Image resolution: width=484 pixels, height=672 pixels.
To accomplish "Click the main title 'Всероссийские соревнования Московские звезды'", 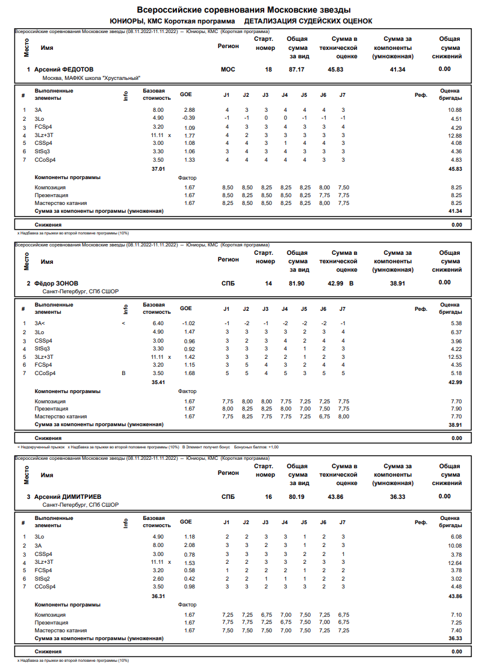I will [x=244, y=10].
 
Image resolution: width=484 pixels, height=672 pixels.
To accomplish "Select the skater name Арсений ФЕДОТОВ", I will [x=64, y=70].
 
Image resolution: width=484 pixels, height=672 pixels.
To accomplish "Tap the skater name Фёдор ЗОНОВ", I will [x=56, y=283].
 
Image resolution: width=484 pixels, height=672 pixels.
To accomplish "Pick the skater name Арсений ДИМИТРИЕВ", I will [x=67, y=497].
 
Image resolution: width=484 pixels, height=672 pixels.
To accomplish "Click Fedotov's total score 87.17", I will [x=296, y=70].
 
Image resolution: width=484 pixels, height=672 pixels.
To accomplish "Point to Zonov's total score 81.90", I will [x=296, y=283].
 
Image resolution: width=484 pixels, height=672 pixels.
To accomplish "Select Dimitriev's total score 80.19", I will [x=296, y=497].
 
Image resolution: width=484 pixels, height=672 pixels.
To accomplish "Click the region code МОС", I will [x=228, y=70].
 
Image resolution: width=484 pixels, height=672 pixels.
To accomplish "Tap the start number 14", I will [x=268, y=283].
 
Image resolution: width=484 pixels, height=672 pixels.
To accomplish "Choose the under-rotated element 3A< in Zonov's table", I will [x=40, y=323].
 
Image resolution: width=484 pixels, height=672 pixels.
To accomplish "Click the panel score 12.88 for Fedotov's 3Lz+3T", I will [x=455, y=135].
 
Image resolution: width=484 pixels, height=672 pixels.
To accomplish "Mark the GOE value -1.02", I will [x=188, y=323].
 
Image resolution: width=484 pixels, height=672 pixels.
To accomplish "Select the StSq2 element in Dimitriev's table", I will [x=43, y=578].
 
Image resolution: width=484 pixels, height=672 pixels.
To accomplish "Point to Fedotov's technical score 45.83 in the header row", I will [x=335, y=70].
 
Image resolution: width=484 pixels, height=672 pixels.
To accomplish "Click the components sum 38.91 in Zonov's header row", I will [x=397, y=283].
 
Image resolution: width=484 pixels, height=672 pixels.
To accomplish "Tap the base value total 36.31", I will [x=158, y=596].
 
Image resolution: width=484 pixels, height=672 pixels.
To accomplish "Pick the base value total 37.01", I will [x=158, y=169].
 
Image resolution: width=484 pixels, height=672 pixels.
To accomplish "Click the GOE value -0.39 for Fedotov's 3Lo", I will [x=188, y=118].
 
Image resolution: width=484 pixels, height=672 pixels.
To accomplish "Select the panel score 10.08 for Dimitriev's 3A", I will [x=455, y=545].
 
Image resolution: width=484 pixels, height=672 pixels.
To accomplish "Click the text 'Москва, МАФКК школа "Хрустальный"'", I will [x=91, y=78].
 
